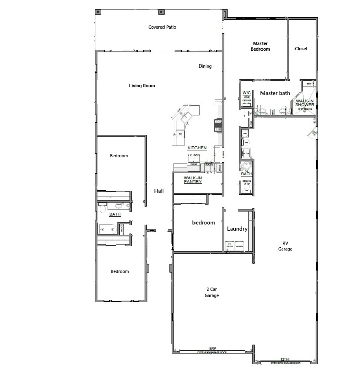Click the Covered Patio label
pos(162,27)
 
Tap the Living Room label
pos(142,86)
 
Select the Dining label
pos(205,66)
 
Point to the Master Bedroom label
pos(260,46)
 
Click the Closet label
pos(301,49)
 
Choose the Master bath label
pos(275,93)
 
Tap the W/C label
pos(247,93)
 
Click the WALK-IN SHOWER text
pos(305,103)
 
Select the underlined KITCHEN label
pos(197,148)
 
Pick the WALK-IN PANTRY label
pos(193,180)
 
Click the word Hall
pos(159,191)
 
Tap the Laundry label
pos(237,229)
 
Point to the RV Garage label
pos(285,246)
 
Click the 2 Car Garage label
pos(211,292)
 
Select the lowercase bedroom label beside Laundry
pos(203,223)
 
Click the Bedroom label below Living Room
pos(119,156)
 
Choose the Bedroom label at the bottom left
pos(120,271)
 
